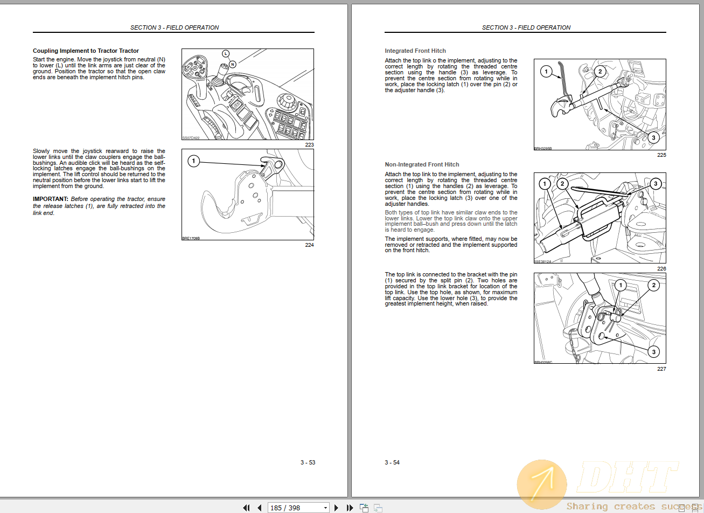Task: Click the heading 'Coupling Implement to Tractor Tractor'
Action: click(x=86, y=51)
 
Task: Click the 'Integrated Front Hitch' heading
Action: click(x=415, y=51)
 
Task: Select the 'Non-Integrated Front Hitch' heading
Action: click(x=422, y=164)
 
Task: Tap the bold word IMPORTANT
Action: click(x=50, y=199)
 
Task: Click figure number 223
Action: click(x=309, y=144)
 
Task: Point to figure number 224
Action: click(x=309, y=245)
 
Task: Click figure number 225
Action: click(x=661, y=155)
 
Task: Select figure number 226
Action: click(x=661, y=268)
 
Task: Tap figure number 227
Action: click(x=661, y=369)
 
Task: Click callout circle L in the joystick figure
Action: click(x=226, y=53)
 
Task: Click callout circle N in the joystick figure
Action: click(x=233, y=64)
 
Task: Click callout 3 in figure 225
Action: click(x=653, y=138)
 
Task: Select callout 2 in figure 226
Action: click(x=562, y=184)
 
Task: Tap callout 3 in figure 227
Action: click(x=653, y=352)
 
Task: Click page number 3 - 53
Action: click(x=308, y=462)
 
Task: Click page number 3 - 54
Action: click(x=392, y=462)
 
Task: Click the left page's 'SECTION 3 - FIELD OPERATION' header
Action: click(x=174, y=27)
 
